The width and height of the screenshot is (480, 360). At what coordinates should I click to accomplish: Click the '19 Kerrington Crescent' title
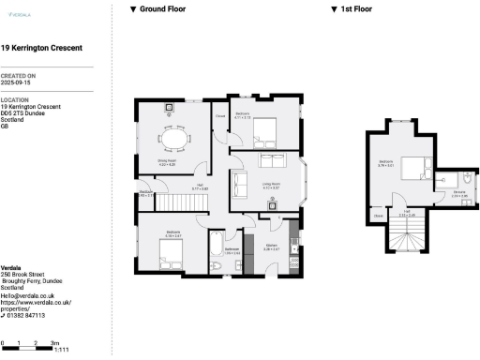pyautogui.click(x=41, y=47)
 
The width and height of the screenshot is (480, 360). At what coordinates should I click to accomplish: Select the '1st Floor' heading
pyautogui.click(x=355, y=8)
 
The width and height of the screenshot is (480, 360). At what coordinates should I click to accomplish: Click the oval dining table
pyautogui.click(x=172, y=139)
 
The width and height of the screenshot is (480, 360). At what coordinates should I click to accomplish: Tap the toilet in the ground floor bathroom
pyautogui.click(x=217, y=268)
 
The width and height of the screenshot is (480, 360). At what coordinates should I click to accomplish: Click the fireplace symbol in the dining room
pyautogui.click(x=171, y=108)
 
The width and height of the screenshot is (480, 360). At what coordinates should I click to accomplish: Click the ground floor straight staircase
pyautogui.click(x=173, y=200)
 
